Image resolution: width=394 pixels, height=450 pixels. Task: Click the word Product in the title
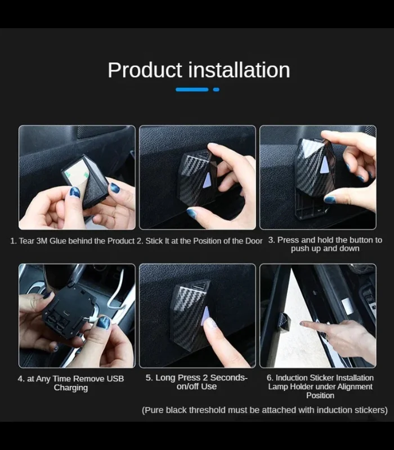(x=145, y=70)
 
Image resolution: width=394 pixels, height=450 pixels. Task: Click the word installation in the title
(x=239, y=70)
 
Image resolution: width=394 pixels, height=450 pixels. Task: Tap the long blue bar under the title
(x=192, y=89)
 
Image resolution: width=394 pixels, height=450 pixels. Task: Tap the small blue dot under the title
(x=216, y=89)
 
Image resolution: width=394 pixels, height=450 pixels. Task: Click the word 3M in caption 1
(x=42, y=241)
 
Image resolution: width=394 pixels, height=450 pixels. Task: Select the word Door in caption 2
(x=254, y=241)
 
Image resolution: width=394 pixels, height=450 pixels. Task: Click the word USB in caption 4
(x=115, y=379)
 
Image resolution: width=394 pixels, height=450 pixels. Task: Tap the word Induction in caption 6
(x=289, y=377)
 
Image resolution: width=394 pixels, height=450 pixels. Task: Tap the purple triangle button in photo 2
(x=208, y=180)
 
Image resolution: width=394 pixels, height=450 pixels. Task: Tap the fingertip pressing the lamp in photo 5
(x=211, y=323)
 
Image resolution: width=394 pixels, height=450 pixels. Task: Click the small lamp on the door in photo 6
(x=284, y=321)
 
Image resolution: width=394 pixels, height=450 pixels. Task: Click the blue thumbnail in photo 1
(x=75, y=192)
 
